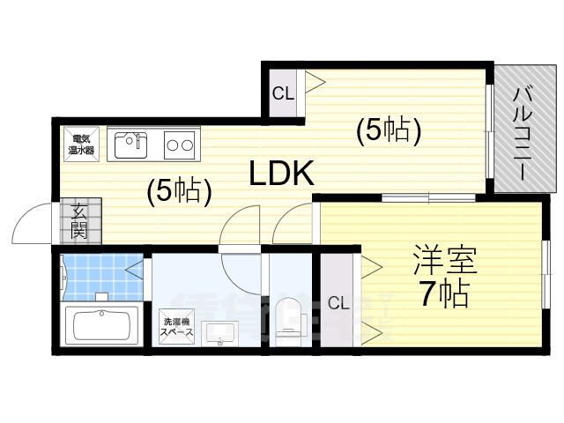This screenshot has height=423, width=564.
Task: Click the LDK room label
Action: point(282,173)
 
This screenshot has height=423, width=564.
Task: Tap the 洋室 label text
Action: point(444,260)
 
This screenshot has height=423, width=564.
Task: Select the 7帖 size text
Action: point(444,293)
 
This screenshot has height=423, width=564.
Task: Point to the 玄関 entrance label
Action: point(78,221)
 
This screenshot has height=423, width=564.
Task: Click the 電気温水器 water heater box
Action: point(81,145)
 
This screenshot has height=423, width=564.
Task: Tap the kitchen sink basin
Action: point(130,145)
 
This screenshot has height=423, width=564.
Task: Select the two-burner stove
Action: point(179,145)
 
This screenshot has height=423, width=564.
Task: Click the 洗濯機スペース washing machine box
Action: point(176,327)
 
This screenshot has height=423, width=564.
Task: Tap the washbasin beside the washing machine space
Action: point(218,333)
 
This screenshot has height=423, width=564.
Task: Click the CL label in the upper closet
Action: point(283,94)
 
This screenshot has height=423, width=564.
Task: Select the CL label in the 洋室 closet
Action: point(338,303)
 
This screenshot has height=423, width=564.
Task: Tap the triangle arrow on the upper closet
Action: point(315,82)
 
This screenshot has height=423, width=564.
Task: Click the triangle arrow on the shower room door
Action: point(135,269)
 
